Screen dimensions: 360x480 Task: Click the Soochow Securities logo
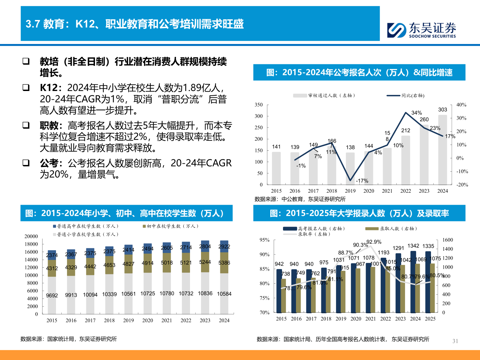(x=421, y=30)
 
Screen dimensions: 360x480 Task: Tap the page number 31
(x=455, y=341)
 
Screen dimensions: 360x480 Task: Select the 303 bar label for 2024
(x=442, y=110)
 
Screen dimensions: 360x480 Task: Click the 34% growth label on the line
(x=416, y=113)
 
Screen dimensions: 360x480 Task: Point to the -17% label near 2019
(x=362, y=181)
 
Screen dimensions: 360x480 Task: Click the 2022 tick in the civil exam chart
(x=405, y=191)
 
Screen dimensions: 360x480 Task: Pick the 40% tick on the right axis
(x=461, y=105)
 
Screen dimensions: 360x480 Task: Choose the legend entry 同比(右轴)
(x=413, y=96)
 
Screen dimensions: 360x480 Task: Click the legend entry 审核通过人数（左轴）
(x=331, y=96)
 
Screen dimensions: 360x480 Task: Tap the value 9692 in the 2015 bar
(x=52, y=295)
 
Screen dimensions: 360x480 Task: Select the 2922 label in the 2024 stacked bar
(x=224, y=247)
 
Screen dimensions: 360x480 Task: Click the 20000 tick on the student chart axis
(x=31, y=236)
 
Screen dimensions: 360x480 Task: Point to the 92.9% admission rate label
(x=374, y=242)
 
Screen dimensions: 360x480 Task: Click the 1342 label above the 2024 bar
(x=413, y=246)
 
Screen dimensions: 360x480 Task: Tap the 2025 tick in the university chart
(x=430, y=319)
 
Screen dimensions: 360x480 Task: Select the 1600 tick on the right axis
(x=448, y=240)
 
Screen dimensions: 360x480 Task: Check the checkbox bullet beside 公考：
(x=26, y=163)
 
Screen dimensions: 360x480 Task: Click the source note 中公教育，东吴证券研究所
(x=313, y=199)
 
